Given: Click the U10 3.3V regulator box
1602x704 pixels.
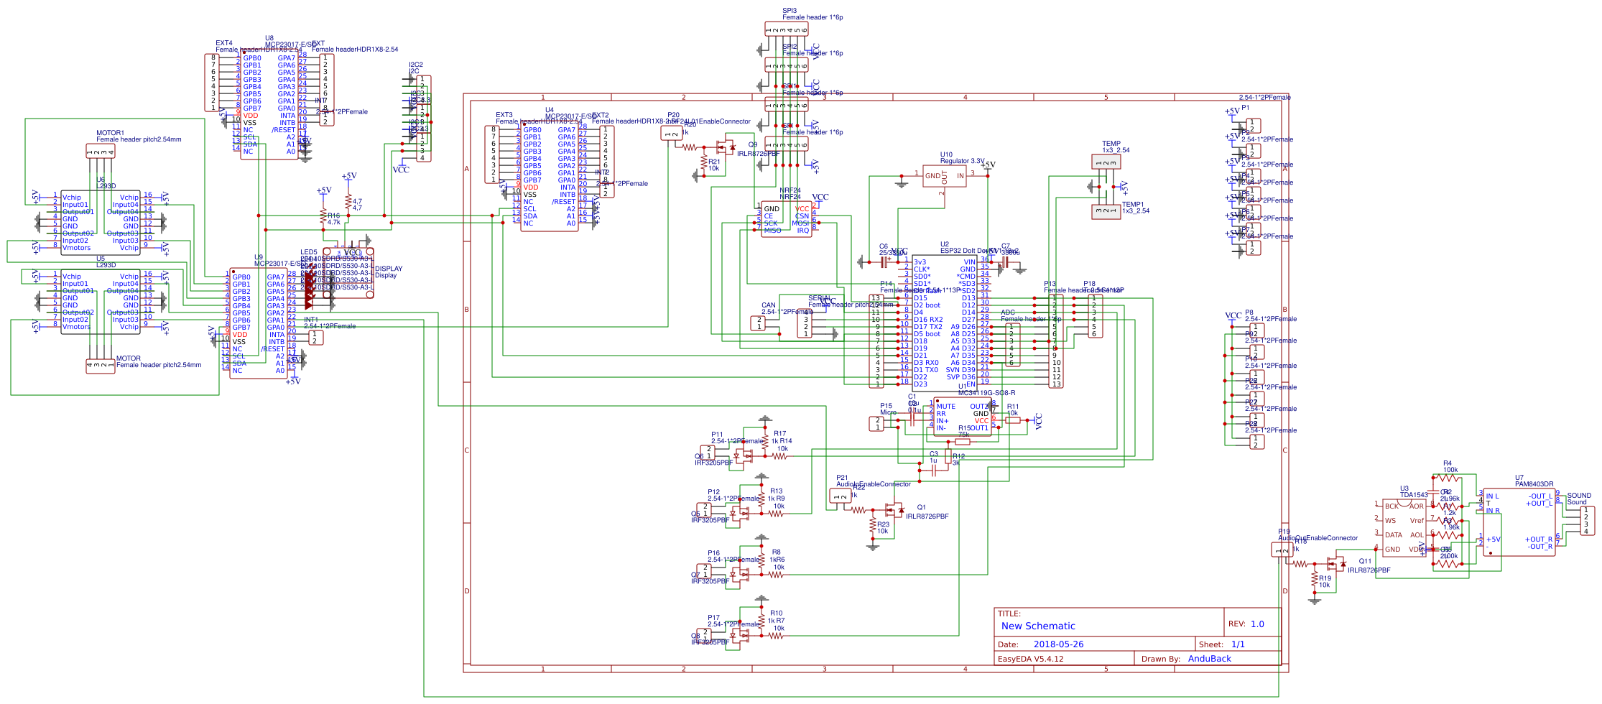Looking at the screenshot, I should click(x=944, y=176).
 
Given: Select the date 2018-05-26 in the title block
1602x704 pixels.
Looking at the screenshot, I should click(x=1058, y=644).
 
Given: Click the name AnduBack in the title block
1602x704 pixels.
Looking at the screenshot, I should click(x=1209, y=659).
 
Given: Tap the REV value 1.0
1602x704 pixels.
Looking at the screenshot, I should click(x=1256, y=624).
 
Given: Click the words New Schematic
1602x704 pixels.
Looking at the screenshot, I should click(x=1038, y=626).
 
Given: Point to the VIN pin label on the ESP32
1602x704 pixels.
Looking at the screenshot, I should click(x=969, y=262).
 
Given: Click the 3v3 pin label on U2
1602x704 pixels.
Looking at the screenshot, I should click(x=920, y=262).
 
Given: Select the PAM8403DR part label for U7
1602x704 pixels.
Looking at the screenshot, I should click(x=1534, y=484).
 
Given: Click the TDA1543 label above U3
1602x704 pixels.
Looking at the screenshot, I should click(x=1414, y=495).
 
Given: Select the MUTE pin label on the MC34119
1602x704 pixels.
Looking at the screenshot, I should click(x=945, y=407).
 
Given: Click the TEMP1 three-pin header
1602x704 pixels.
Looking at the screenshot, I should click(x=1106, y=212).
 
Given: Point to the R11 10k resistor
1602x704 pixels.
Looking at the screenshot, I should click(x=1013, y=420).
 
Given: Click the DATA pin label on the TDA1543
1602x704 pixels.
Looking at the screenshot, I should click(x=1393, y=535).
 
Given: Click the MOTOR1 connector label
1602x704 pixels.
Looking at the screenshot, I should click(x=110, y=133).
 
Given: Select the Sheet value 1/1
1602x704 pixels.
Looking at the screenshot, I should click(x=1238, y=644).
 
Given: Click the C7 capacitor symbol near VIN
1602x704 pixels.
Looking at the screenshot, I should click(x=1006, y=264).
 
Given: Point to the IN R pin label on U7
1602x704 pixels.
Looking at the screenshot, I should click(x=1492, y=511).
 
